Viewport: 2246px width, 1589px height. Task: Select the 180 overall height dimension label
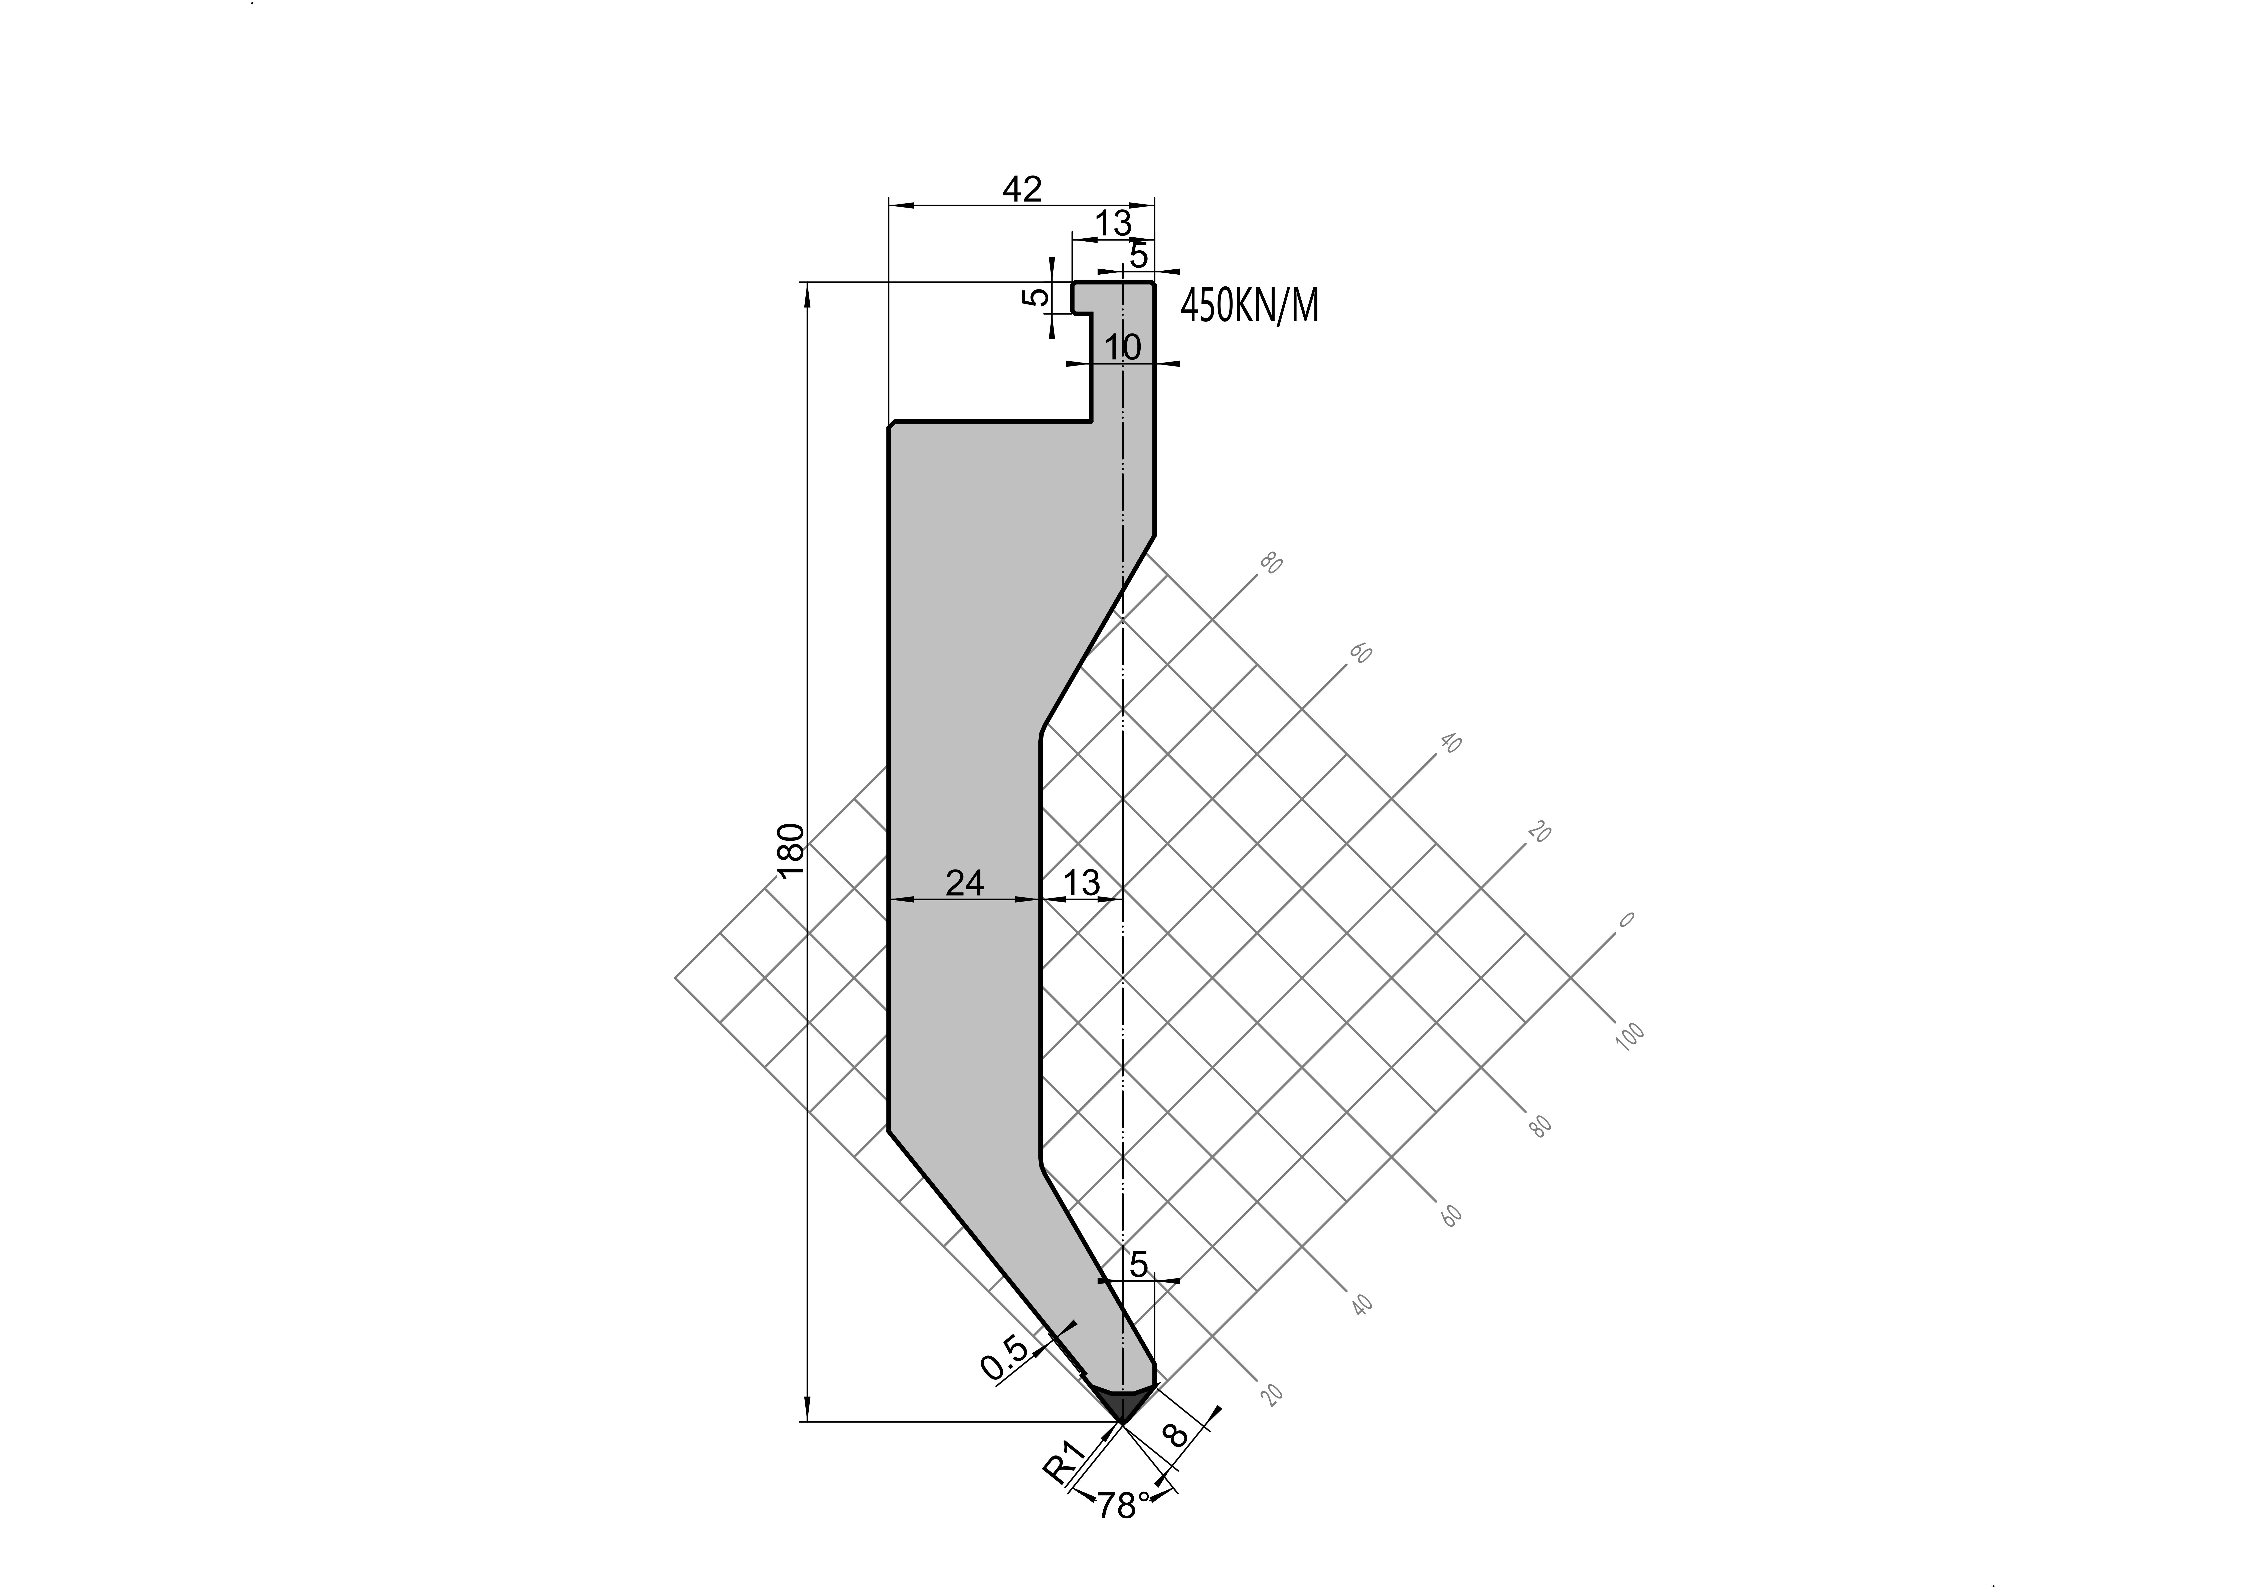790,849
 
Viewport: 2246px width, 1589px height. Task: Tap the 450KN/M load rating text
1249,306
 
